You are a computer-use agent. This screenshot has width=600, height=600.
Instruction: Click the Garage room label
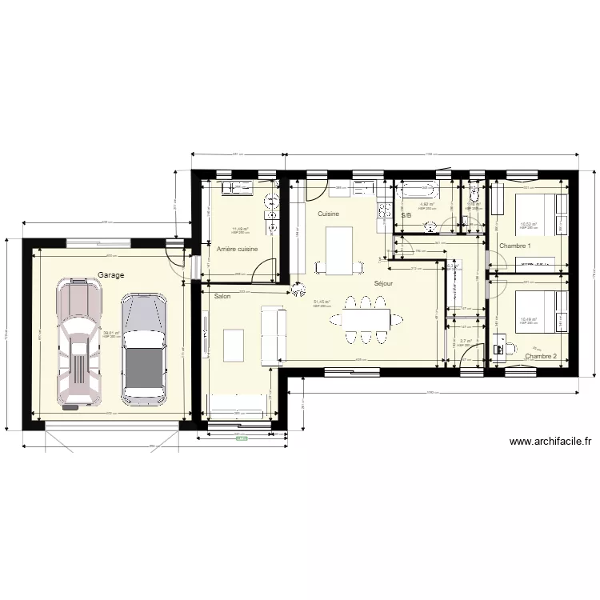click(x=110, y=274)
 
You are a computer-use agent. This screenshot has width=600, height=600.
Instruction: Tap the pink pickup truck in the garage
click(x=79, y=344)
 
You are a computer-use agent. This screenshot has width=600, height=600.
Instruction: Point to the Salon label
click(x=222, y=296)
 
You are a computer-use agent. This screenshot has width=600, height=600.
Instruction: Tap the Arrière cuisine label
click(x=237, y=249)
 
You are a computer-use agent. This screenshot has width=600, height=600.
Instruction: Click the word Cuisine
click(x=328, y=214)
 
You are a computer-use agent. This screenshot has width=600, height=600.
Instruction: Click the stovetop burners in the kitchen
click(x=382, y=212)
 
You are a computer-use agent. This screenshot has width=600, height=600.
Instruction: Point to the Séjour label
click(x=382, y=283)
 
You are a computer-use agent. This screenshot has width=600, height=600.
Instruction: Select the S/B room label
click(x=406, y=215)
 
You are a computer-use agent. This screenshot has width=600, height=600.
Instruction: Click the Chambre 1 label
click(x=514, y=246)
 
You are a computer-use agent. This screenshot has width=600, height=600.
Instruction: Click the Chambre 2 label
click(x=540, y=356)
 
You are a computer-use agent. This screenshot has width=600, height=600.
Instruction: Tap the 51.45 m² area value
click(x=322, y=302)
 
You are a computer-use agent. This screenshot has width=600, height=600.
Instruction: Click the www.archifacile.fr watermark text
click(x=550, y=441)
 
